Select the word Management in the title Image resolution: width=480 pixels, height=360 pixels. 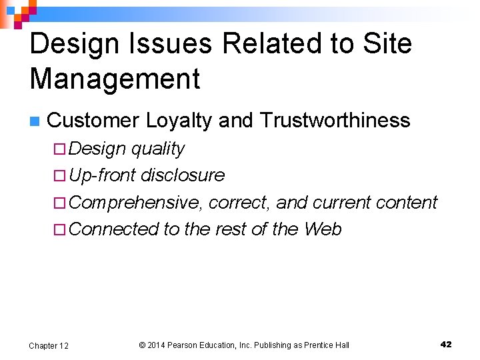pyautogui.click(x=115, y=79)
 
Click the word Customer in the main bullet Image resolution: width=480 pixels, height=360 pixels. pyautogui.click(x=93, y=121)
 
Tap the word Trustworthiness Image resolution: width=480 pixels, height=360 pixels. pyautogui.click(x=335, y=121)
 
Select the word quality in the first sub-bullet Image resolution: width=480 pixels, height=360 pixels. pyautogui.click(x=158, y=149)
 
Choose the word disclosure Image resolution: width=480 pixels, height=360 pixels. pyautogui.click(x=183, y=175)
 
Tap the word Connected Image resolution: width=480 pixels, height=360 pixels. pyautogui.click(x=113, y=229)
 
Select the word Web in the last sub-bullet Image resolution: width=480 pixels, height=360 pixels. pyautogui.click(x=323, y=229)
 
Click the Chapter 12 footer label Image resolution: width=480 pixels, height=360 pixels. pyautogui.click(x=48, y=345)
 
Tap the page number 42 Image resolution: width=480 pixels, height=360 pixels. pyautogui.click(x=446, y=344)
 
